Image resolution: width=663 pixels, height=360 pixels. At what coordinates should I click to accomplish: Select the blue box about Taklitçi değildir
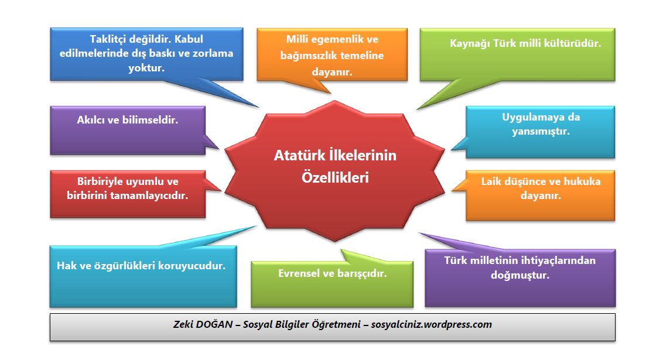[x=146, y=54]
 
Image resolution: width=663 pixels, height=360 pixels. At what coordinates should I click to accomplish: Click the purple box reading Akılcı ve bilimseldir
[x=128, y=130]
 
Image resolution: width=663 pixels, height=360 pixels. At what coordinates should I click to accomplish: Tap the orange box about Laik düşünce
[x=540, y=196]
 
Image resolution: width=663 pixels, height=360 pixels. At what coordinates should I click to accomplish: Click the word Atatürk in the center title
[x=297, y=156]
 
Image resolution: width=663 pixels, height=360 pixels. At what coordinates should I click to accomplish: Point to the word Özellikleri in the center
[x=335, y=177]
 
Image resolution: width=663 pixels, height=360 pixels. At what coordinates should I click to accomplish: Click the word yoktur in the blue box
[x=146, y=67]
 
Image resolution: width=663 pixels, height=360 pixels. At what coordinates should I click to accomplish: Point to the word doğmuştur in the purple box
[x=520, y=275]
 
